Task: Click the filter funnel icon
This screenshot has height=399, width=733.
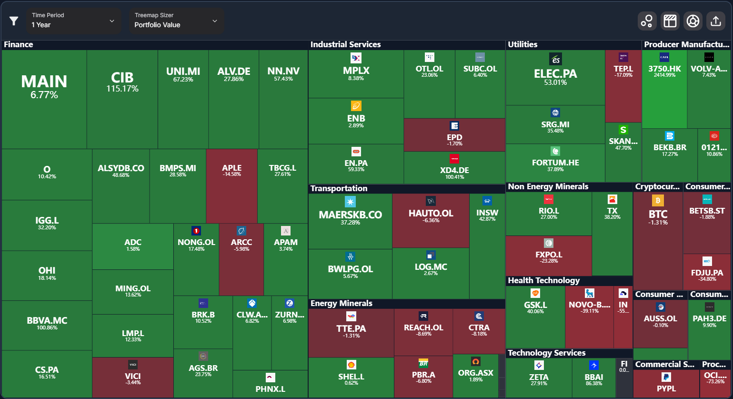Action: (14, 21)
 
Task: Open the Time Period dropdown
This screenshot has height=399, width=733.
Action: (74, 20)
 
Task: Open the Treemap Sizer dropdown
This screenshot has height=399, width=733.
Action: (176, 20)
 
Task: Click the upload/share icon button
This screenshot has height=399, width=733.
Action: (715, 21)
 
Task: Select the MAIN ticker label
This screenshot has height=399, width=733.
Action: (44, 82)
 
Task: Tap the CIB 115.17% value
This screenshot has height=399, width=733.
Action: (122, 89)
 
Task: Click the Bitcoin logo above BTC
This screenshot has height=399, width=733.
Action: (658, 200)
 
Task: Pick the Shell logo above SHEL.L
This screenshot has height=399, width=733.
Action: (351, 365)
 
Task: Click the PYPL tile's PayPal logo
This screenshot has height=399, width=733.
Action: (666, 377)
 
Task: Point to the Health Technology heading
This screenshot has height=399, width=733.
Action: (543, 280)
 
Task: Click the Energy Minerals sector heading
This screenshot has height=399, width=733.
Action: (341, 303)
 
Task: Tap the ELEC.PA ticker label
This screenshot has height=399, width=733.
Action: (555, 74)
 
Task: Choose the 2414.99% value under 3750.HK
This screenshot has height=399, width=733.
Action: (664, 75)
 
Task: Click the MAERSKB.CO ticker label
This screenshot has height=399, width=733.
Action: (350, 215)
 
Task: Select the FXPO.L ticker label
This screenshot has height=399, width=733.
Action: (549, 255)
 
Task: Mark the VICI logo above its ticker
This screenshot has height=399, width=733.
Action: (133, 365)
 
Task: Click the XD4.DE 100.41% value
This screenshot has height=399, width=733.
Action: (454, 177)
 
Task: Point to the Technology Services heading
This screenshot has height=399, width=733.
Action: (546, 353)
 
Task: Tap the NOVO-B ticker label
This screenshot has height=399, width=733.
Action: (589, 305)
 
